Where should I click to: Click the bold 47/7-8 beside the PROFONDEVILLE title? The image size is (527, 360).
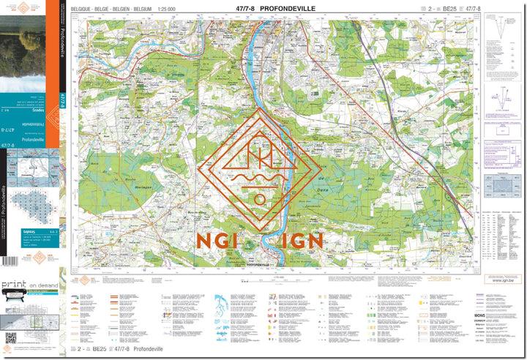pyautogui.click(x=247, y=9)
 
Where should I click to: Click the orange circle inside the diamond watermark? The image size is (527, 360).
pyautogui.click(x=259, y=199)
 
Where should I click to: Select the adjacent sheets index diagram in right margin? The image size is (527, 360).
pyautogui.click(x=501, y=184)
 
